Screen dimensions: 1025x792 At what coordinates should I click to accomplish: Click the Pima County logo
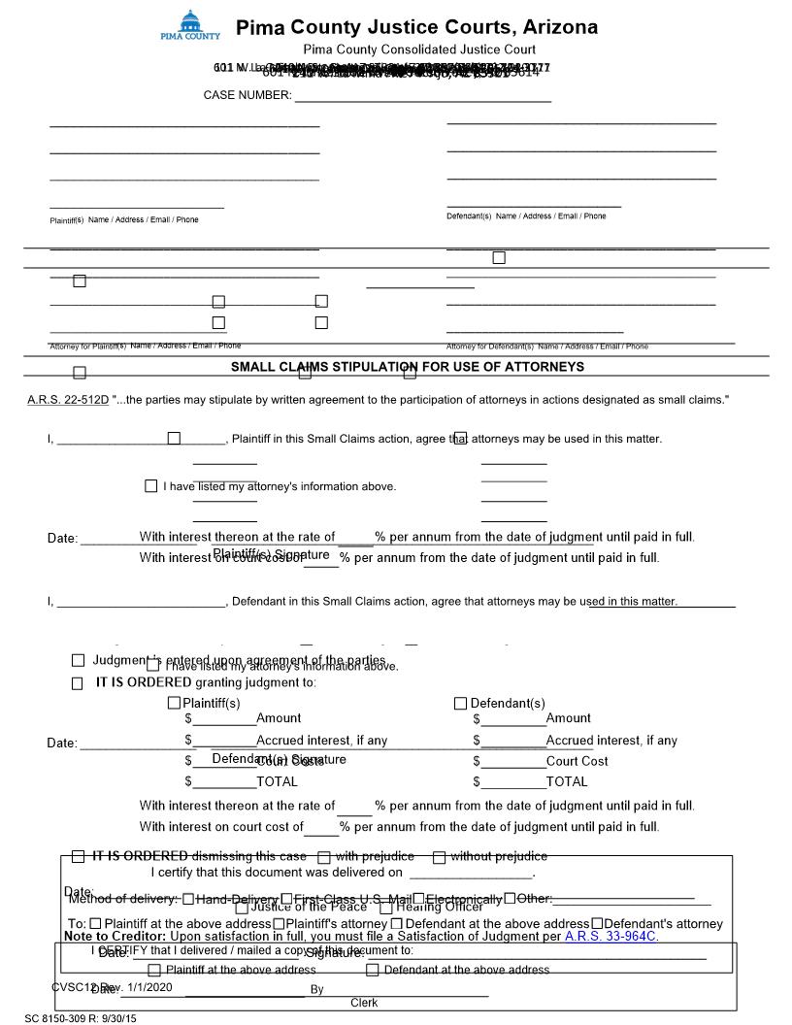click(189, 25)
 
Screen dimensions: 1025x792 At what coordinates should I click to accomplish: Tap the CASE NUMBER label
click(247, 95)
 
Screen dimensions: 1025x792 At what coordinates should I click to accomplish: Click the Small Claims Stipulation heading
click(407, 367)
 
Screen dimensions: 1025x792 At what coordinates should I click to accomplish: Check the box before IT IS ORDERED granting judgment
click(78, 683)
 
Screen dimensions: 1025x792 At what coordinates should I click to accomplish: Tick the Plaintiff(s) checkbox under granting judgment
click(175, 703)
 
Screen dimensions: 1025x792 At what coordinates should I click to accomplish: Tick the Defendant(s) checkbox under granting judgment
click(461, 703)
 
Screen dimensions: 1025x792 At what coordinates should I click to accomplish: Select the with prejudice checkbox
click(324, 857)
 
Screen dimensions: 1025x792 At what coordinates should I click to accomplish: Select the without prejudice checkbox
click(439, 857)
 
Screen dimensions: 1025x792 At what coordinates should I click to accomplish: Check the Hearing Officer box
click(385, 908)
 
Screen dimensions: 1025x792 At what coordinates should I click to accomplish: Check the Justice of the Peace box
click(240, 908)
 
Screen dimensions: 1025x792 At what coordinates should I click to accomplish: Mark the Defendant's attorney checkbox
click(597, 923)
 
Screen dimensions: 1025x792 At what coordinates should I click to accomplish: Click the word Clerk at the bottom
click(364, 1003)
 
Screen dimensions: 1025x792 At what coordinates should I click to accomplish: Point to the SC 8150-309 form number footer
click(82, 1018)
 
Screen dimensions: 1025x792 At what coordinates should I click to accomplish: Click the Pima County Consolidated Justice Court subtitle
click(419, 50)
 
